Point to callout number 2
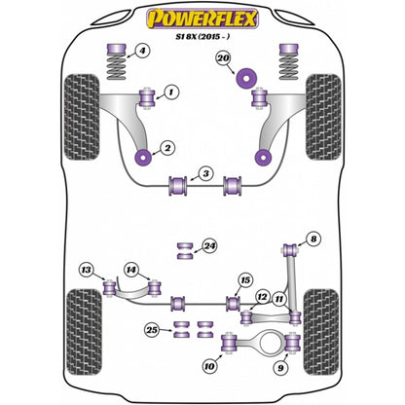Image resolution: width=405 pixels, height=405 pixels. (x=167, y=147)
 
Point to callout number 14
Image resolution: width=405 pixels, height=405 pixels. (x=131, y=270)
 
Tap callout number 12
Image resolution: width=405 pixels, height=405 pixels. (x=261, y=296)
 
